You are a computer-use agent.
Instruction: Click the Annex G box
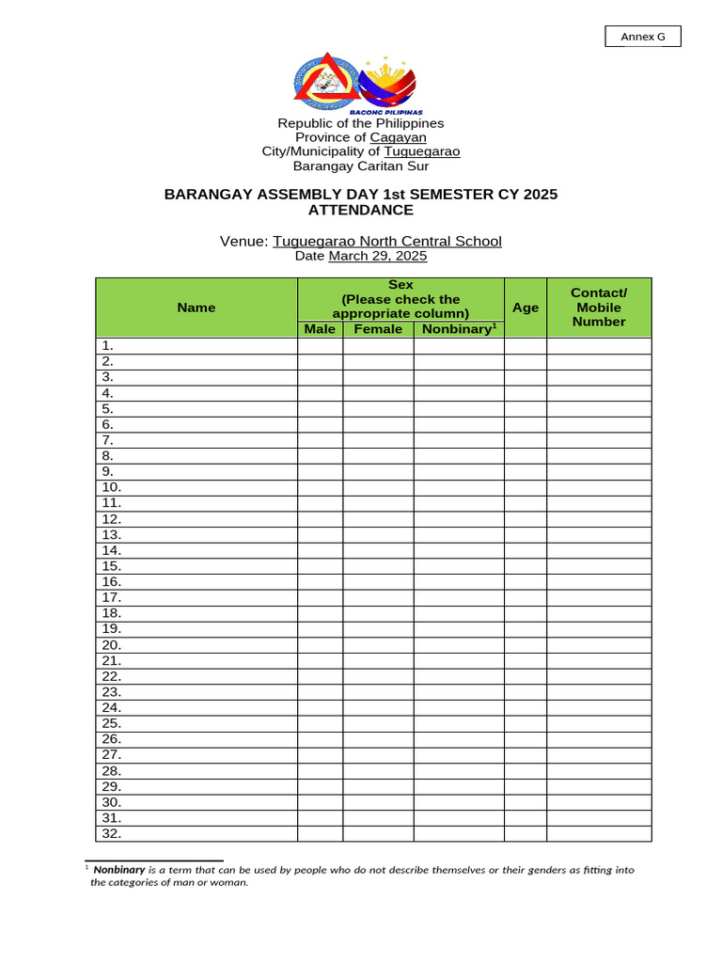642,37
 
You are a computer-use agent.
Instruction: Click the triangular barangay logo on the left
324,84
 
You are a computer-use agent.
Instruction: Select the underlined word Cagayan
398,137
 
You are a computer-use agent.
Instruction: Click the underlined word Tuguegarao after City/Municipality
422,151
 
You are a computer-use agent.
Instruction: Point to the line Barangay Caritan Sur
361,166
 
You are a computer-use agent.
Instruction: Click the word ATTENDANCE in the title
361,210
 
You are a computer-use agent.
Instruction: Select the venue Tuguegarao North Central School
387,242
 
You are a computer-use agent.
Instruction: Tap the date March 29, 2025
378,256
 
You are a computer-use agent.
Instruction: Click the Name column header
196,308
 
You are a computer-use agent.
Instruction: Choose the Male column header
320,329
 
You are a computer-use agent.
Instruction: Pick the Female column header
378,329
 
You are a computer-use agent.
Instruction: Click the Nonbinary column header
458,329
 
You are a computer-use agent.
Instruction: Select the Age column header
526,308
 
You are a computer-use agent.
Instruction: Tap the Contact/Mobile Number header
599,308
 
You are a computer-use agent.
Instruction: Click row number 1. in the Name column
108,345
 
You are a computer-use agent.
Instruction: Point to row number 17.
112,597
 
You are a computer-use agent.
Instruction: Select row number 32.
112,833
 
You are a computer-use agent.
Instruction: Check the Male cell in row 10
320,487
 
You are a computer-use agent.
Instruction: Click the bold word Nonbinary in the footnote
118,870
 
